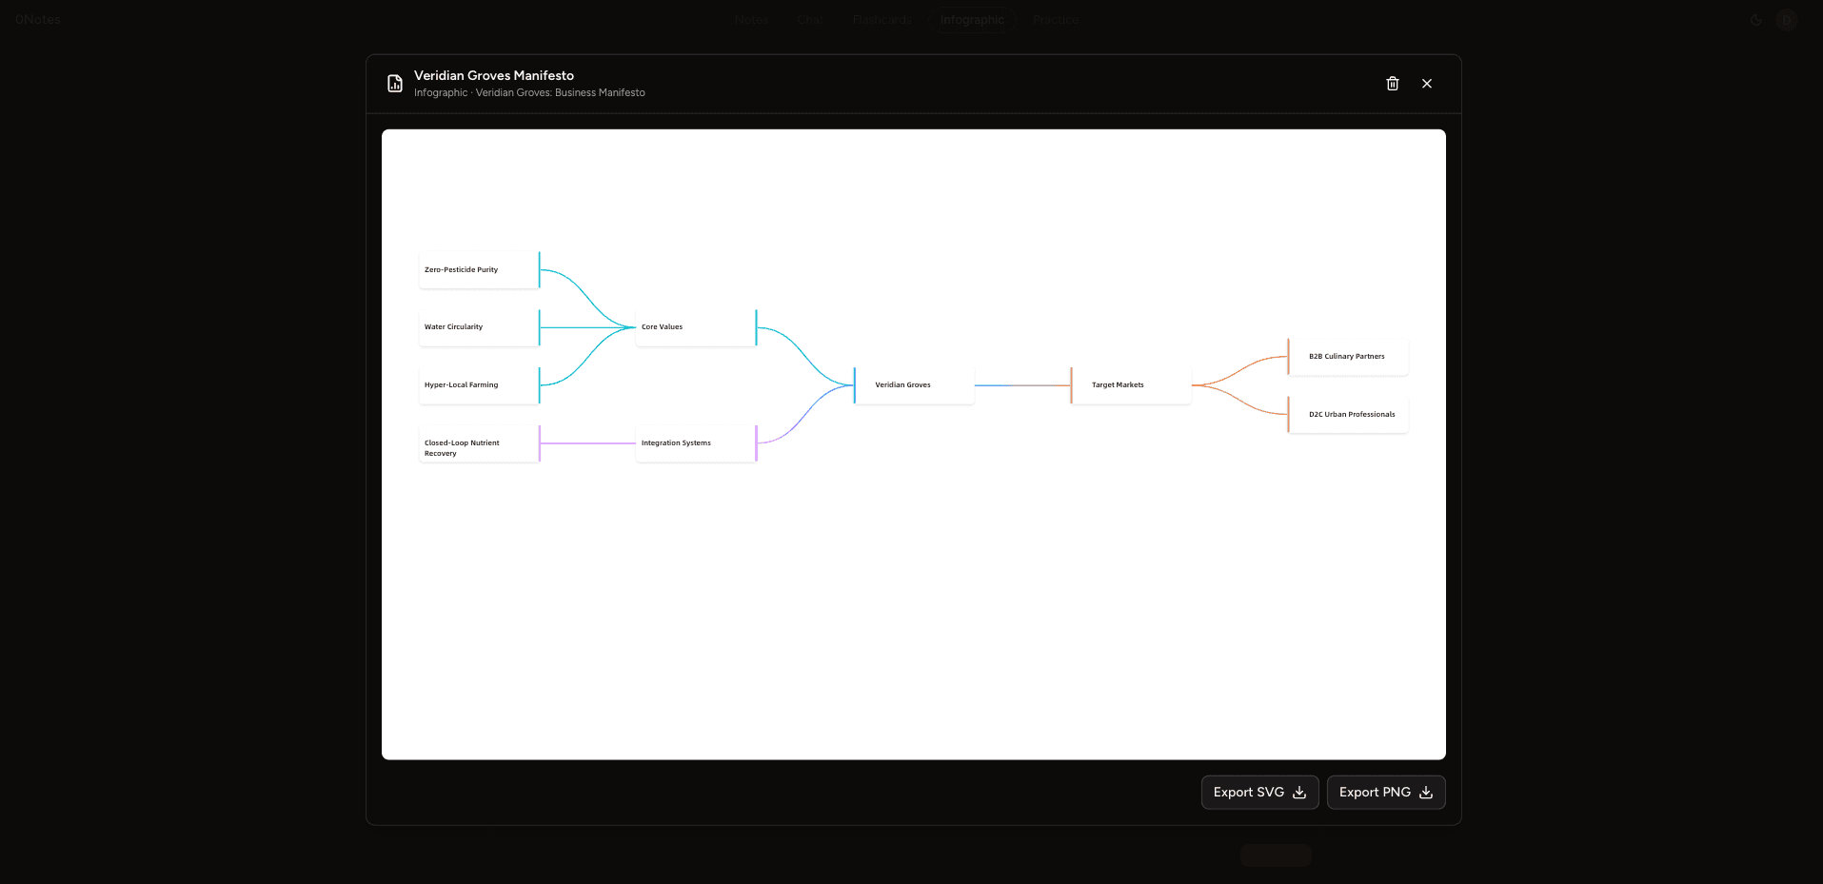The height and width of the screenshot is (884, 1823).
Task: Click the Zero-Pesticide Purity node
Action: [x=479, y=270]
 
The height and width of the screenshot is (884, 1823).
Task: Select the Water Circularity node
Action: [x=479, y=327]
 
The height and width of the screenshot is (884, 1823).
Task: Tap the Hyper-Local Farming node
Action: [x=479, y=385]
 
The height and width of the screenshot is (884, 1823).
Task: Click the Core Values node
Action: [x=696, y=327]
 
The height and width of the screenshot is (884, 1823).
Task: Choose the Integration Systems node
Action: [x=696, y=443]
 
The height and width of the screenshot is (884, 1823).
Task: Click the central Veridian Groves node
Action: [x=914, y=385]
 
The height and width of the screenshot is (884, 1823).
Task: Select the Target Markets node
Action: [x=1131, y=385]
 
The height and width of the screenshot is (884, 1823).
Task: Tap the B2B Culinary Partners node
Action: [x=1348, y=357]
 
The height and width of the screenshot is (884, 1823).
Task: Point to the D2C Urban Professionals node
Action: [x=1348, y=415]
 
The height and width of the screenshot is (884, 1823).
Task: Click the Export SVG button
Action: [x=1259, y=793]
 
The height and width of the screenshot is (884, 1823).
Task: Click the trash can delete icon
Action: [x=1393, y=84]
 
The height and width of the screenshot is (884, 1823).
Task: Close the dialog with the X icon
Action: [x=1427, y=84]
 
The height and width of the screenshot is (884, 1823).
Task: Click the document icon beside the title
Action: [x=395, y=84]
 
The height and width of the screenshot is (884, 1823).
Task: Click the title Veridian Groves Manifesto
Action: [x=494, y=75]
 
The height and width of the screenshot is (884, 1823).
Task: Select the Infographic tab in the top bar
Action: [x=972, y=19]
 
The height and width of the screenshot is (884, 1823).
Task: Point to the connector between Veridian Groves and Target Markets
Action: [x=1023, y=385]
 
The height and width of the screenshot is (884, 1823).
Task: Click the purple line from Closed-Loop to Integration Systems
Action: [x=587, y=443]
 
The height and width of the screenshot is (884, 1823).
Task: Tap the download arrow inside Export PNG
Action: [x=1426, y=793]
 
